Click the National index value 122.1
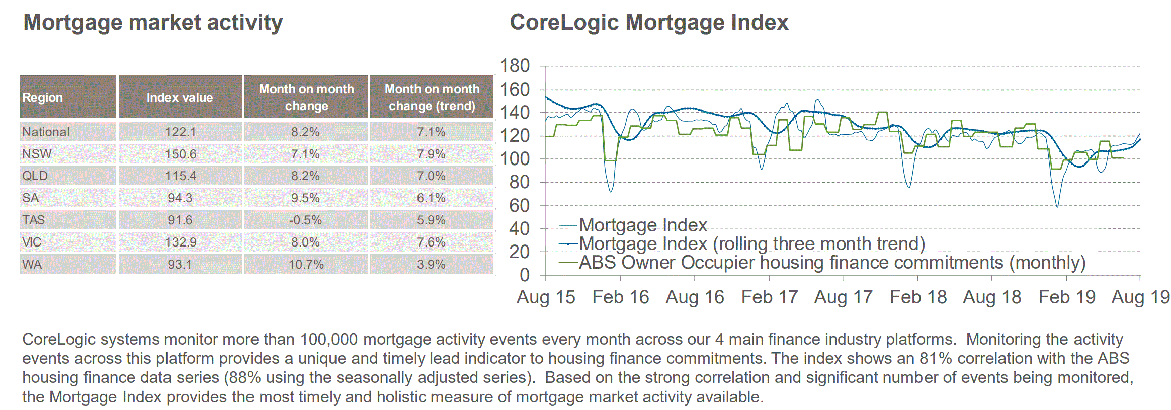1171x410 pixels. (x=180, y=132)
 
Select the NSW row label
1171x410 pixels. (x=37, y=154)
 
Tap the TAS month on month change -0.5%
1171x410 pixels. (x=306, y=220)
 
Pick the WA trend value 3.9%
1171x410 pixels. (x=431, y=264)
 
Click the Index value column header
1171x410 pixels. (x=180, y=97)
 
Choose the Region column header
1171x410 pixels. (x=43, y=97)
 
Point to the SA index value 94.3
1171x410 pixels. (x=180, y=198)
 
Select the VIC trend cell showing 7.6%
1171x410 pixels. (x=431, y=242)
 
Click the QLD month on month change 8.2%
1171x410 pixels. (x=306, y=176)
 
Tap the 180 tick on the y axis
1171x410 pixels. (x=515, y=66)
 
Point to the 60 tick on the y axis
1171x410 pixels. (x=519, y=205)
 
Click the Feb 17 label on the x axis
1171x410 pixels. (x=770, y=297)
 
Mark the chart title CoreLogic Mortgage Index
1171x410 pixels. (x=649, y=23)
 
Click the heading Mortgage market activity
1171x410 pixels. (x=153, y=23)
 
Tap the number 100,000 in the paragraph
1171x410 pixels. (x=329, y=339)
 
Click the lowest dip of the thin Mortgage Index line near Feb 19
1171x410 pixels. (x=1057, y=206)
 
